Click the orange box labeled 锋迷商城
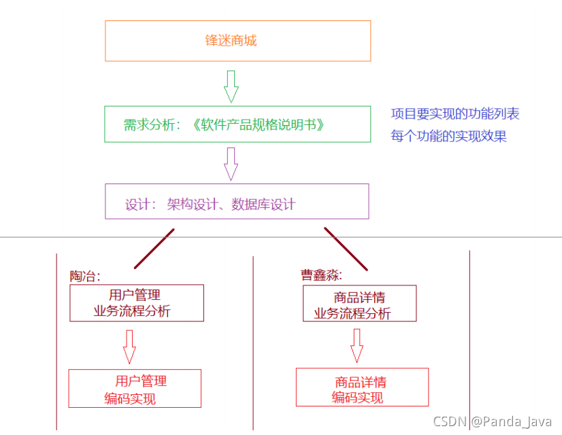tap(237, 41)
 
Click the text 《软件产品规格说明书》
tap(259, 124)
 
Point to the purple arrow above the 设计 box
tap(231, 163)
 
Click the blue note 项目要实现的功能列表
tap(455, 114)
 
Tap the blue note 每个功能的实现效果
tap(449, 136)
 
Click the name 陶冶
tap(84, 276)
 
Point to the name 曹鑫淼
tap(320, 275)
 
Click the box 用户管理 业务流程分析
tap(137, 303)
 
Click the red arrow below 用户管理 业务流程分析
tap(129, 346)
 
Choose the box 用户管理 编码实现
tap(135, 388)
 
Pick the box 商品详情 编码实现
tap(362, 387)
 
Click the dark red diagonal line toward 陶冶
tap(154, 248)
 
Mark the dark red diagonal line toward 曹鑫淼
tap(346, 249)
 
